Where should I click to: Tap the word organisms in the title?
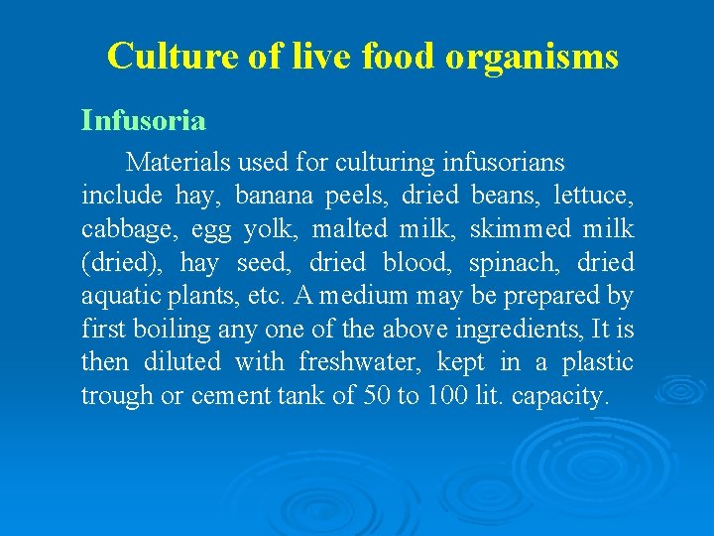(532, 58)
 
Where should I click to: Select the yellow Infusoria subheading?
(144, 122)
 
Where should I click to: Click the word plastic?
(597, 362)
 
